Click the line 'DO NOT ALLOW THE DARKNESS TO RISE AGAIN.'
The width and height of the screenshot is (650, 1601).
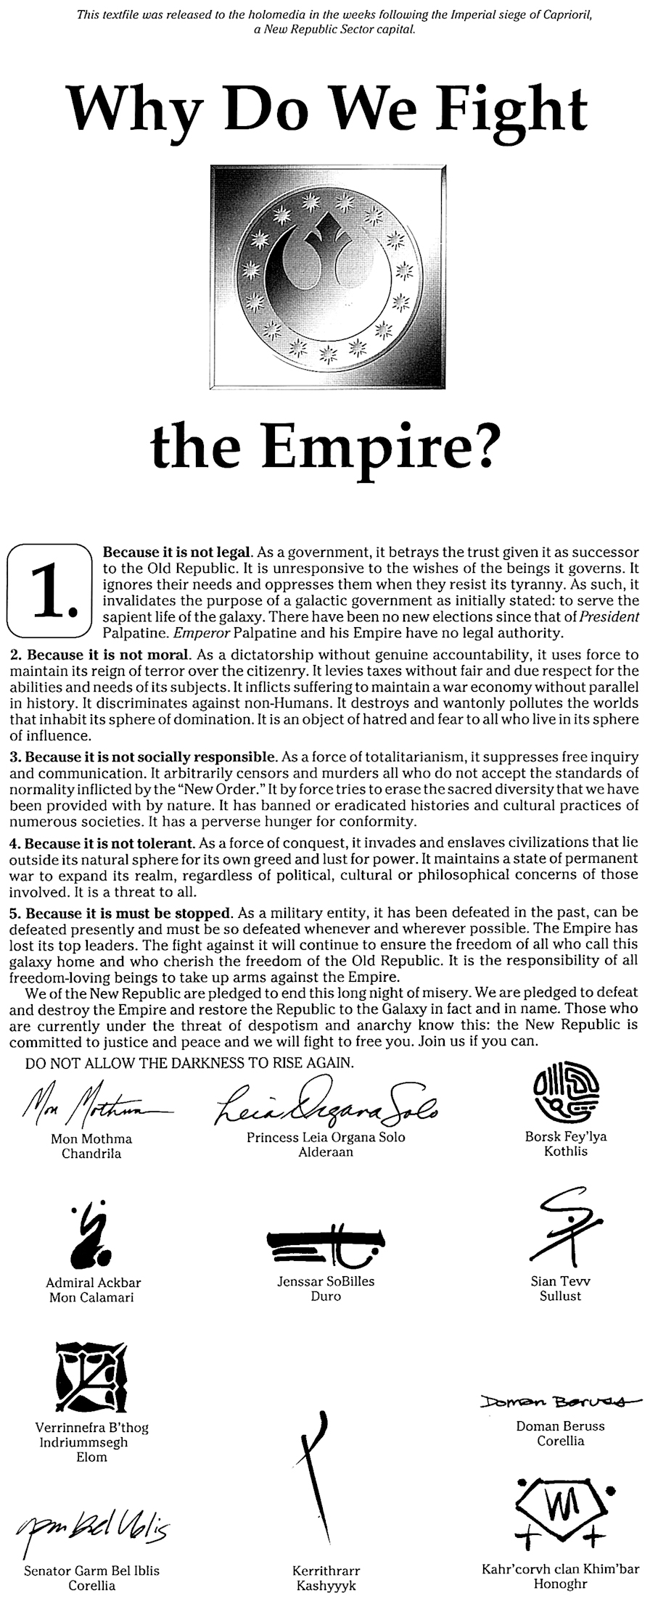click(189, 1064)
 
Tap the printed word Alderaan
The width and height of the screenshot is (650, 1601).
click(326, 1151)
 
